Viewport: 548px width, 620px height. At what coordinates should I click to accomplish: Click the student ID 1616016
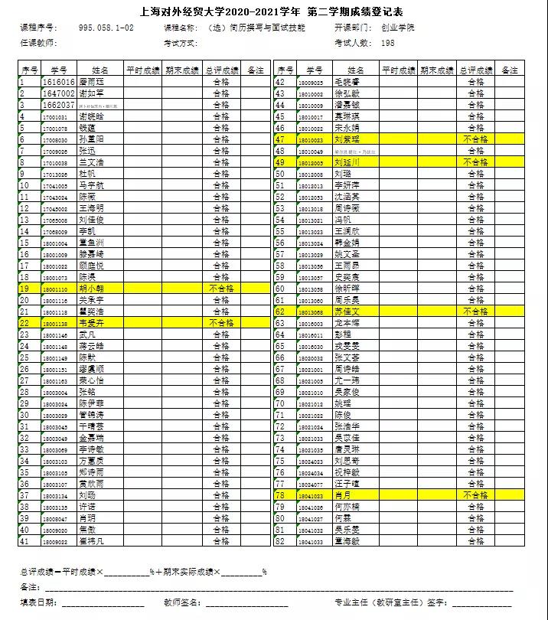(x=59, y=82)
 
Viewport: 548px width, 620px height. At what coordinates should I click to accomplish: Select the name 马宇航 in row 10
(x=91, y=185)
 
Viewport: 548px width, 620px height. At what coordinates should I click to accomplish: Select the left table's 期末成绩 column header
(x=181, y=70)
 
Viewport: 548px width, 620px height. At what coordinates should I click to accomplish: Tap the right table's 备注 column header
(x=509, y=70)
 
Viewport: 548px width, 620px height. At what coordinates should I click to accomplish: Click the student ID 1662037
(x=59, y=105)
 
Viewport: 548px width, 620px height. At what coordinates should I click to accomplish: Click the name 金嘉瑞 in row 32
(x=91, y=438)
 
